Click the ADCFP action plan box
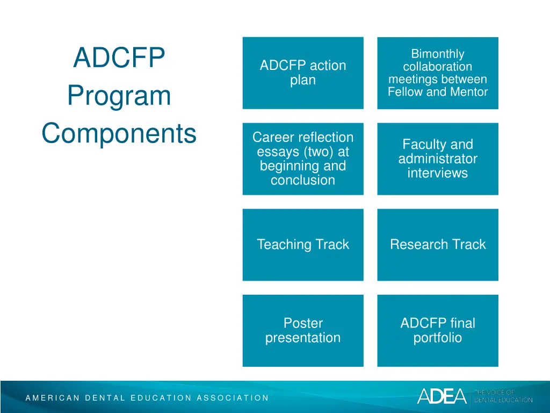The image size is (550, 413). (302, 73)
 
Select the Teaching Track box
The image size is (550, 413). (302, 245)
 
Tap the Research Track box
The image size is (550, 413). (437, 245)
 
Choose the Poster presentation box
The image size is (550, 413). (302, 331)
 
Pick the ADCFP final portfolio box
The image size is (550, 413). (437, 331)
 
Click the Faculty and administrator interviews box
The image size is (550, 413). (437, 159)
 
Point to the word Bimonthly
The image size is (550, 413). (437, 54)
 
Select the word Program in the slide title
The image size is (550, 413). (119, 96)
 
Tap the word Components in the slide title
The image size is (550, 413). (119, 133)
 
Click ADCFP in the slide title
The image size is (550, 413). (119, 58)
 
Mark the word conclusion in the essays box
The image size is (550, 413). (302, 180)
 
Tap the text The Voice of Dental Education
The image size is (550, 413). (503, 396)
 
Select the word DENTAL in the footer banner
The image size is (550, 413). (105, 398)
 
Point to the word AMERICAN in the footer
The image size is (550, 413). (52, 398)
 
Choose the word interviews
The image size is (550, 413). (437, 173)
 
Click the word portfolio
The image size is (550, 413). (437, 338)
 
